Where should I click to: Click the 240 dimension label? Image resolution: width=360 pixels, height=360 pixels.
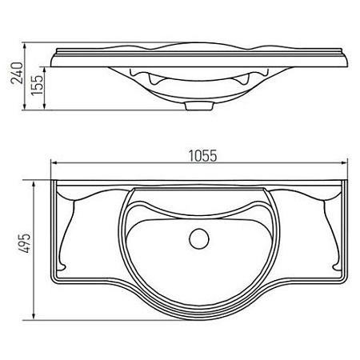[x=17, y=73]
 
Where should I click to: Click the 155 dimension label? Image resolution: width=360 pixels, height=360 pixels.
[x=37, y=85]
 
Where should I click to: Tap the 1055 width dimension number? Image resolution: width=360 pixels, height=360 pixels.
[x=202, y=156]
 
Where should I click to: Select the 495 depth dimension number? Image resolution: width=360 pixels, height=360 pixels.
[x=24, y=243]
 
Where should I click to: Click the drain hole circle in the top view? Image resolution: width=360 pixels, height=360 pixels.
[x=199, y=239]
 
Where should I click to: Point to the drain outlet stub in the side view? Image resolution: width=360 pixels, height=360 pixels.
[x=199, y=106]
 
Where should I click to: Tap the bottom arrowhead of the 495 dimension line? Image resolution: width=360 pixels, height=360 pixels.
[x=34, y=315]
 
